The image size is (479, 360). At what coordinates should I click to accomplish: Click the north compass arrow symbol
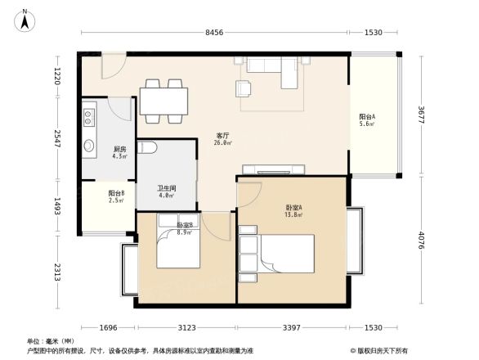point(25,19)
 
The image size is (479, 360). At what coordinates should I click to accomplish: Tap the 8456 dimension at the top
point(213,33)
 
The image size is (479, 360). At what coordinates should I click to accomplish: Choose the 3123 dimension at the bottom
point(189,328)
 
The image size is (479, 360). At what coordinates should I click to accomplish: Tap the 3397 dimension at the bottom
point(293,328)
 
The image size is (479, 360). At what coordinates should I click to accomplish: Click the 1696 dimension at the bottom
point(102,328)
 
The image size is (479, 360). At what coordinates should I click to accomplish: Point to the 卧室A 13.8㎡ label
point(293,210)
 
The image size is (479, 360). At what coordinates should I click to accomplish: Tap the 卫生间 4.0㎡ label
point(167,191)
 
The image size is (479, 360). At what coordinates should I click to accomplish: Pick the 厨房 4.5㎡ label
point(119,152)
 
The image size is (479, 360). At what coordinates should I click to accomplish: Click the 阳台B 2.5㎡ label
point(115,196)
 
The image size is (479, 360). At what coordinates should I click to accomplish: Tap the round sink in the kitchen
point(89,146)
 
